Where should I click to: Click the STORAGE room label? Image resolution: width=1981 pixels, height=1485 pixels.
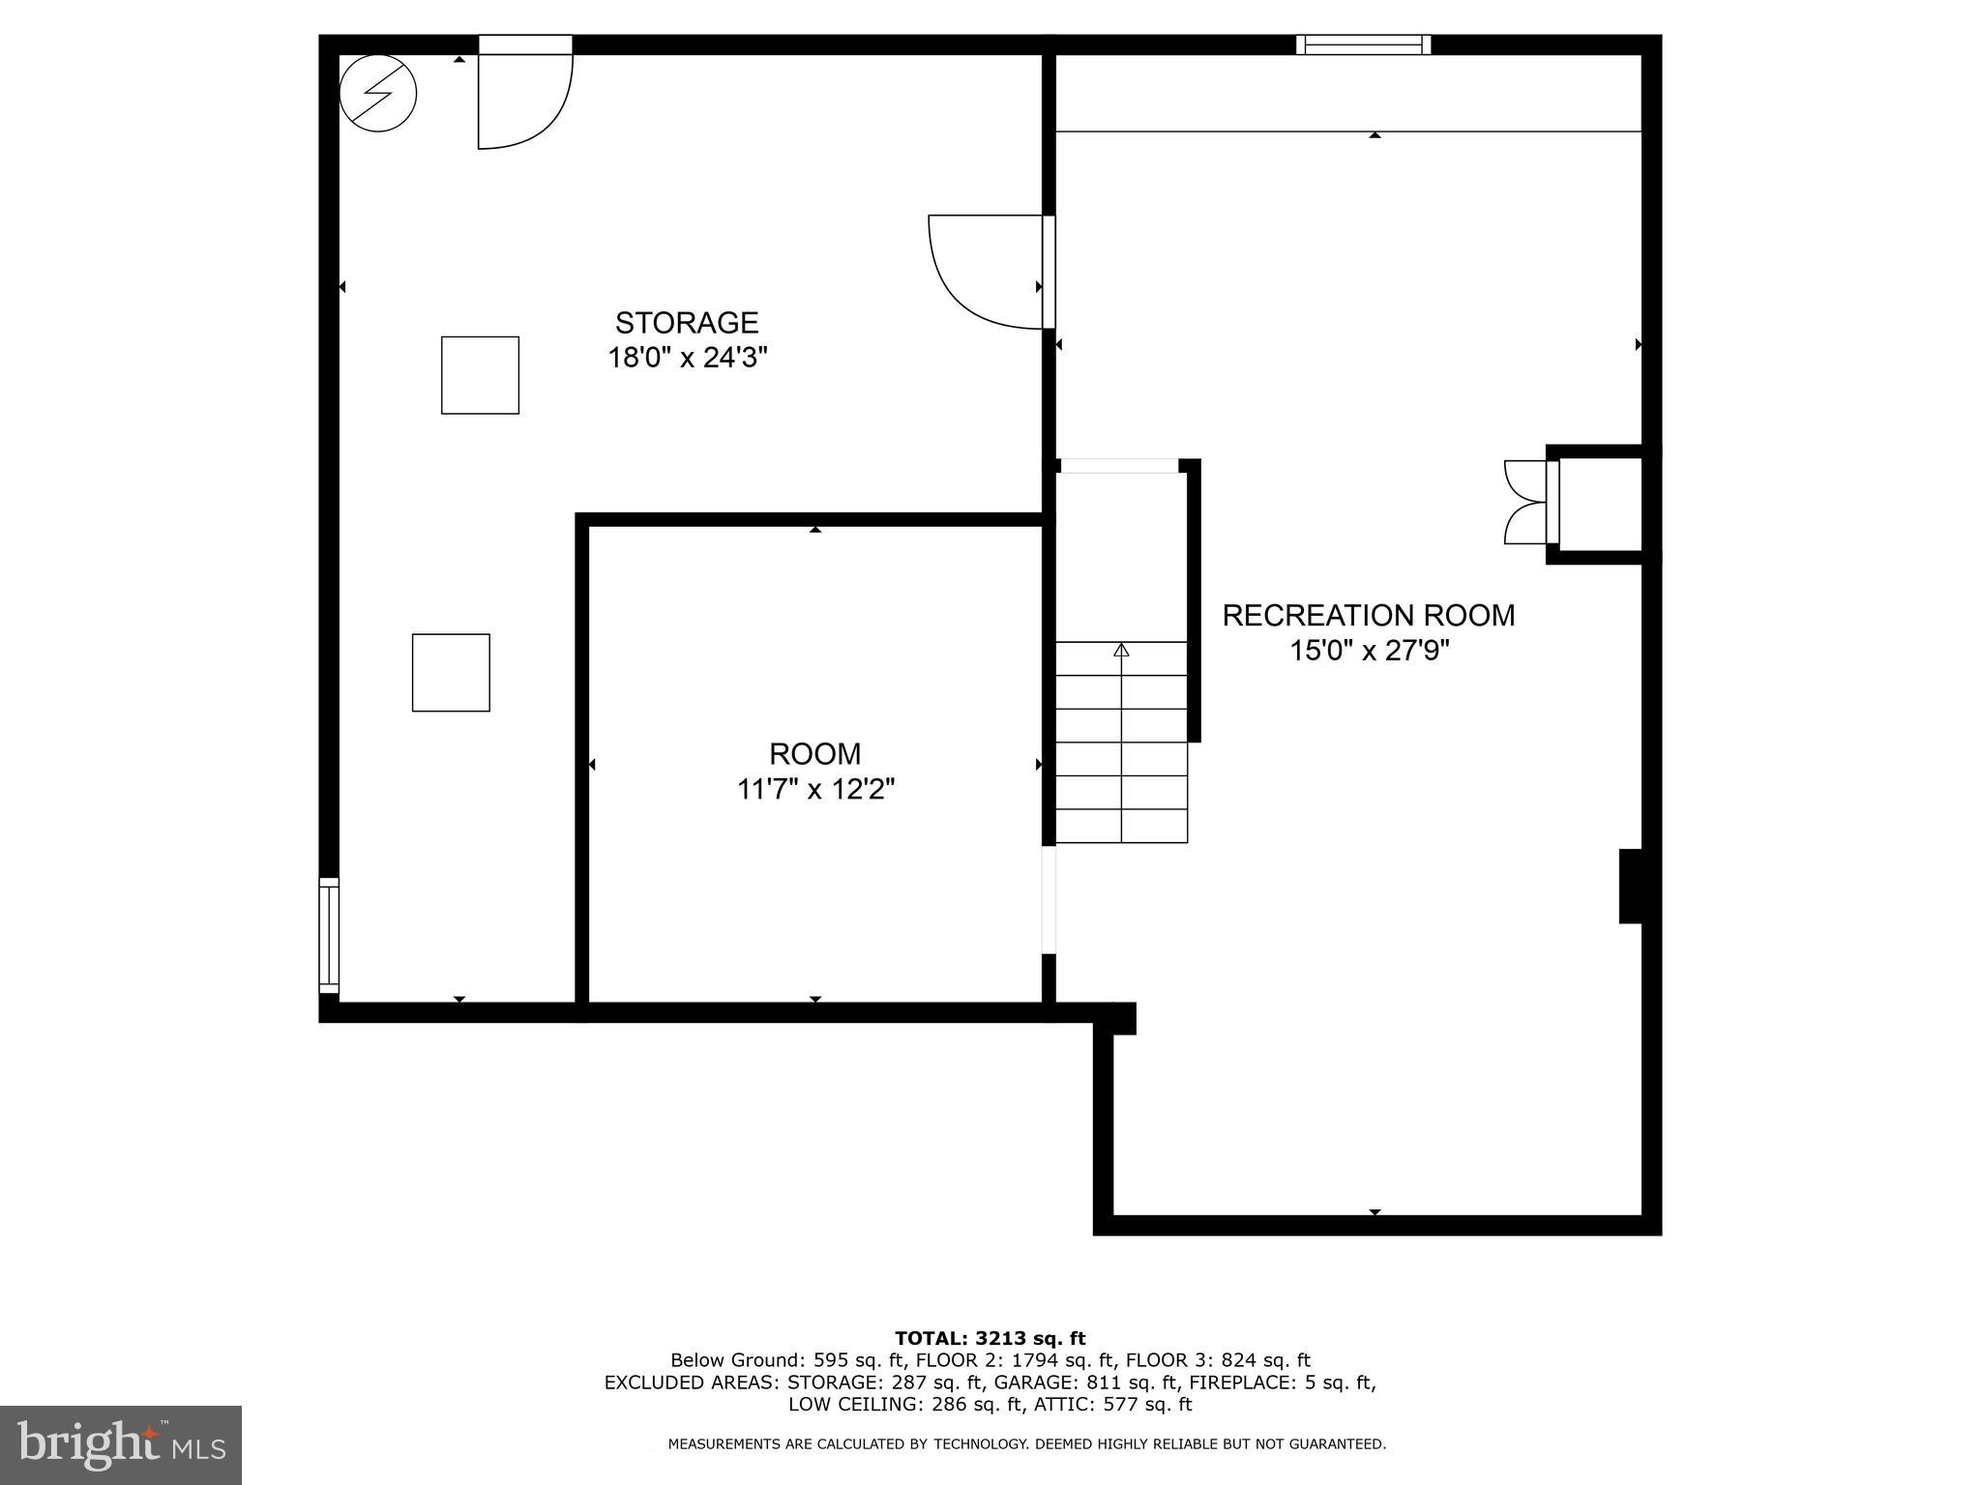[687, 322]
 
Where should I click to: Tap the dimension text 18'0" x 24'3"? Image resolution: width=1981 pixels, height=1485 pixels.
[687, 359]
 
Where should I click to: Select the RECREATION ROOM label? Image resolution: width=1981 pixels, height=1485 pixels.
[1368, 616]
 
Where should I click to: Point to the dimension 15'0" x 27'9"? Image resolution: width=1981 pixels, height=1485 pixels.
[1369, 652]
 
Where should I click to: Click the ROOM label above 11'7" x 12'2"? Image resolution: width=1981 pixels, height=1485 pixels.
[814, 754]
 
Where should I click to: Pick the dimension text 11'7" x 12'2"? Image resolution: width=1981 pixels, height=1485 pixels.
[815, 790]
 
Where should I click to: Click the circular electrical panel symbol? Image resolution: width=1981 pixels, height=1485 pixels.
[378, 94]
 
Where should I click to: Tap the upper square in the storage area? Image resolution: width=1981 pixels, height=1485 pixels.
[480, 375]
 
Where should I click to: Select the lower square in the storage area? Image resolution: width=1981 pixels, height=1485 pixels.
[451, 673]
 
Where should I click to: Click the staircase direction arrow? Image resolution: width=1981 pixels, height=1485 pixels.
[1121, 651]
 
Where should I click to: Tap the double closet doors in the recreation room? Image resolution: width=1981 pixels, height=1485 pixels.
[1526, 502]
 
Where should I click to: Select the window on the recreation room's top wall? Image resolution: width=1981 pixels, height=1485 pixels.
[1363, 44]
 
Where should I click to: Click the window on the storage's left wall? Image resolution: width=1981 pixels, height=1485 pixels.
[329, 935]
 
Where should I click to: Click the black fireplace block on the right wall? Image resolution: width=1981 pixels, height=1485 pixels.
[1631, 886]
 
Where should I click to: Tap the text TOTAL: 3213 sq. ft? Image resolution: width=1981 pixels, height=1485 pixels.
[990, 1338]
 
